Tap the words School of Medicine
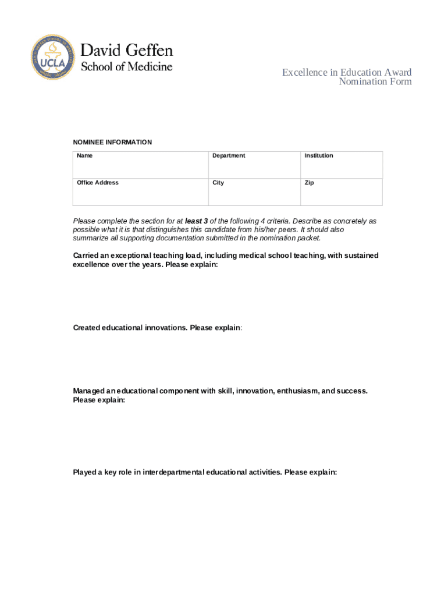click(126, 66)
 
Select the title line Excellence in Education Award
click(347, 72)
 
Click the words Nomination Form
click(375, 81)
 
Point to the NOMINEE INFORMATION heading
click(112, 142)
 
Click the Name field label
click(85, 155)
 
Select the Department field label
click(229, 155)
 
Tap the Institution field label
click(319, 155)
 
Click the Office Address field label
click(98, 183)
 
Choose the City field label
click(218, 183)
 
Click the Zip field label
click(310, 183)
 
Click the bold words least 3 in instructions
click(196, 221)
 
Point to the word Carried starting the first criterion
click(87, 256)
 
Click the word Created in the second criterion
click(87, 328)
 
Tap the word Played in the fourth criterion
click(85, 472)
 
